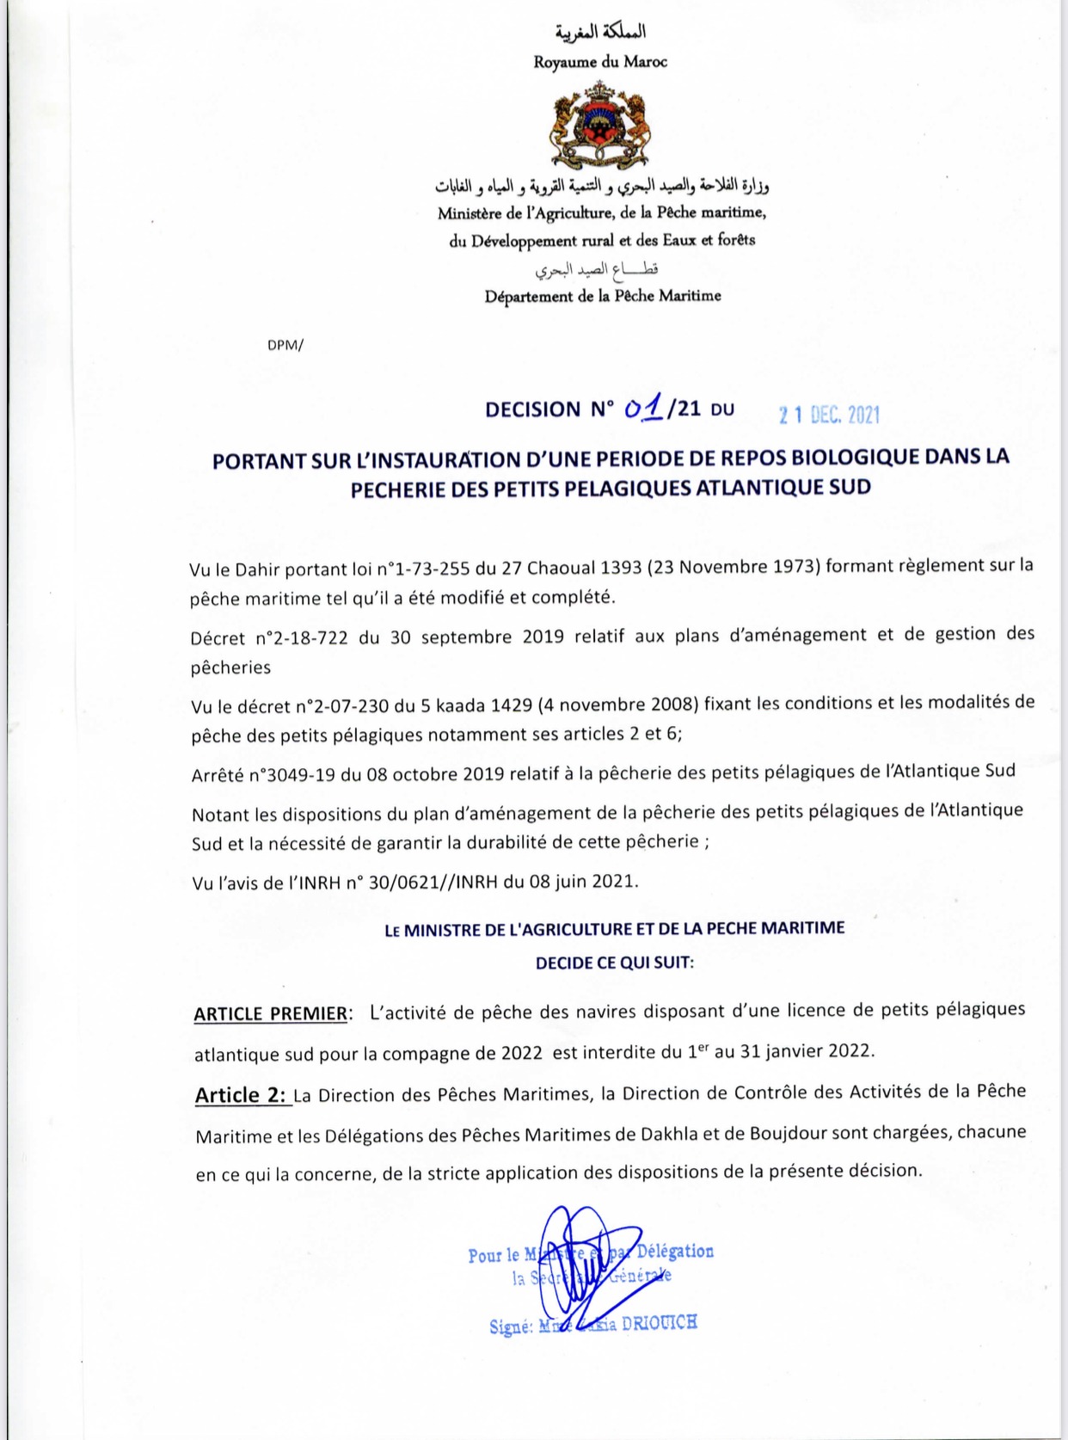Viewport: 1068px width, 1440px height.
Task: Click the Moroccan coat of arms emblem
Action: (x=600, y=125)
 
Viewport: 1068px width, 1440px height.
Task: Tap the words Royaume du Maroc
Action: (x=600, y=62)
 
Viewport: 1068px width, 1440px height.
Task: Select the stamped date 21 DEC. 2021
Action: (x=829, y=415)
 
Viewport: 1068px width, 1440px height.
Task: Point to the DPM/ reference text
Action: (x=285, y=345)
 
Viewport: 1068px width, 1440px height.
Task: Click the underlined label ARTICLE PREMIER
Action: (x=270, y=1013)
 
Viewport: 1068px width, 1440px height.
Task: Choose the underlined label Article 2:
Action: (x=240, y=1095)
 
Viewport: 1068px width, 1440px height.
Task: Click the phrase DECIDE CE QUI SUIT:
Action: (x=614, y=963)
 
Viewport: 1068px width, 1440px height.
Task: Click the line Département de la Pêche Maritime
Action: (x=603, y=296)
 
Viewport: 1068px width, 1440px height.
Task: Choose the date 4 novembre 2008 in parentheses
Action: (x=617, y=705)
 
